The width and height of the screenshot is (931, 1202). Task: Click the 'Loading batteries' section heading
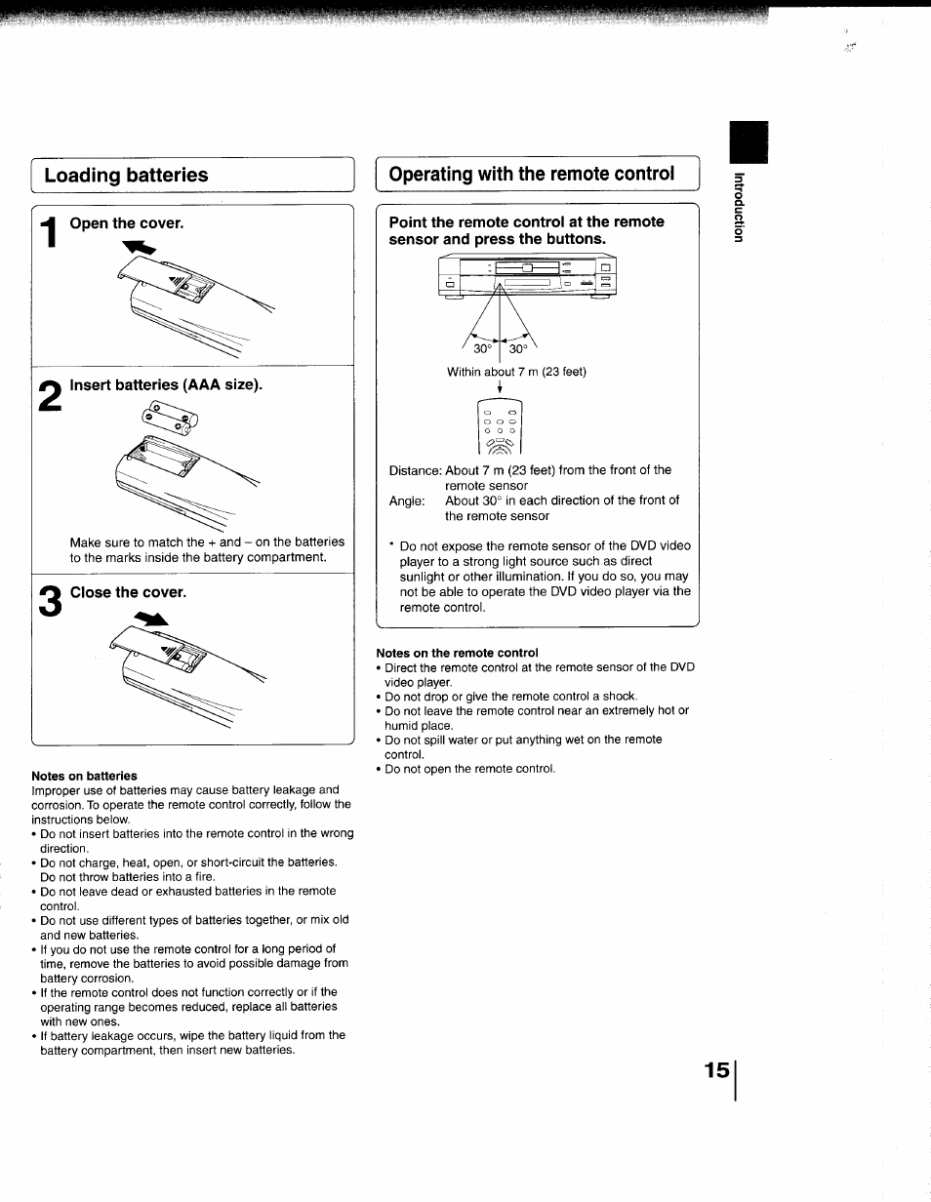click(126, 176)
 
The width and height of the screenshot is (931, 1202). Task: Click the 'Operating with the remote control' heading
click(531, 175)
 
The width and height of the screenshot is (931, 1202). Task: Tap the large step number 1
click(48, 241)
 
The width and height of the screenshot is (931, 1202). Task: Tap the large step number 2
click(49, 400)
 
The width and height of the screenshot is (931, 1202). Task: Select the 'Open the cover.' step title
click(126, 223)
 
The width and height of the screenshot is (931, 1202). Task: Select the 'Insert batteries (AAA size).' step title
click(166, 384)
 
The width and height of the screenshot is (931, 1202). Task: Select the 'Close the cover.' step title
click(127, 592)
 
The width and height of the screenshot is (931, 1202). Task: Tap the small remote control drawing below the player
click(499, 426)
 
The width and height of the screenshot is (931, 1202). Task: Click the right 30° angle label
click(516, 349)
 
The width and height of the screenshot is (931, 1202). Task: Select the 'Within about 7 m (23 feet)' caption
click(516, 372)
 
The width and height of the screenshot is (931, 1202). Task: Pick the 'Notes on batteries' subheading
click(84, 777)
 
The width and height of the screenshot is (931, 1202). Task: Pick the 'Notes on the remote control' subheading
click(457, 653)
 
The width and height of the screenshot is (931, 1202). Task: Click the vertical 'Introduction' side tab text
click(740, 207)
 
